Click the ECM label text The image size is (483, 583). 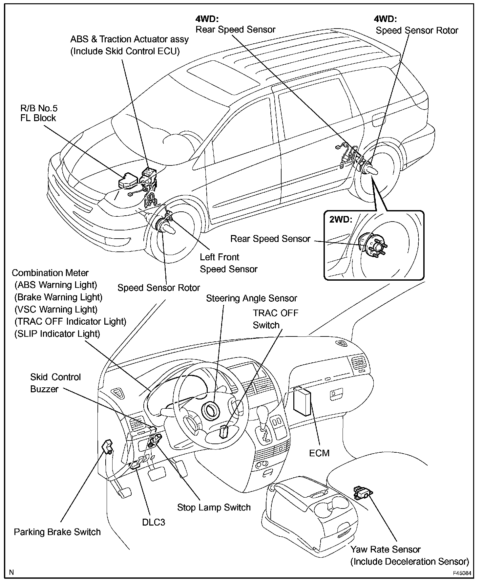(319, 453)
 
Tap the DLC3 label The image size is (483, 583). (153, 522)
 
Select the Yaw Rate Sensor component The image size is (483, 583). (362, 492)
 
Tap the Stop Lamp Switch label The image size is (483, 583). (214, 507)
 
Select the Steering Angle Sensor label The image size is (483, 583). (251, 298)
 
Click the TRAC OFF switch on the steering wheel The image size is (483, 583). (223, 432)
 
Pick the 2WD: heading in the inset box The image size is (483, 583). (341, 219)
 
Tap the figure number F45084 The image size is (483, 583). (462, 573)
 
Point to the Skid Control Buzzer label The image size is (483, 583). (55, 383)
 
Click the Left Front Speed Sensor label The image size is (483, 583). (228, 263)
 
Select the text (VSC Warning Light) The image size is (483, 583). (56, 309)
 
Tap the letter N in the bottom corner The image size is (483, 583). (12, 572)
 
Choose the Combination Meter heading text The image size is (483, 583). (50, 273)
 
